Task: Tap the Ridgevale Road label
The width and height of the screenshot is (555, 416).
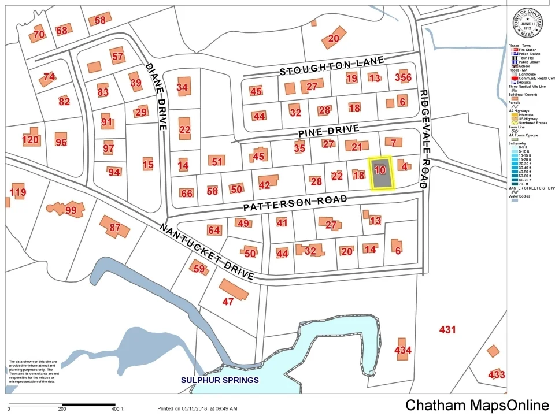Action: pyautogui.click(x=424, y=139)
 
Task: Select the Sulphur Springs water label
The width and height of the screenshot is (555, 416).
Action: pyautogui.click(x=220, y=380)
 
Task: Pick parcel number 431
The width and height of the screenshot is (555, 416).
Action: pyautogui.click(x=447, y=330)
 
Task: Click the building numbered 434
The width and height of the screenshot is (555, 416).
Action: pyautogui.click(x=402, y=350)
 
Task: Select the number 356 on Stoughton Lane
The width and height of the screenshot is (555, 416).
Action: pyautogui.click(x=403, y=78)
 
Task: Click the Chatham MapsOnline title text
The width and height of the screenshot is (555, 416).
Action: pyautogui.click(x=477, y=405)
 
